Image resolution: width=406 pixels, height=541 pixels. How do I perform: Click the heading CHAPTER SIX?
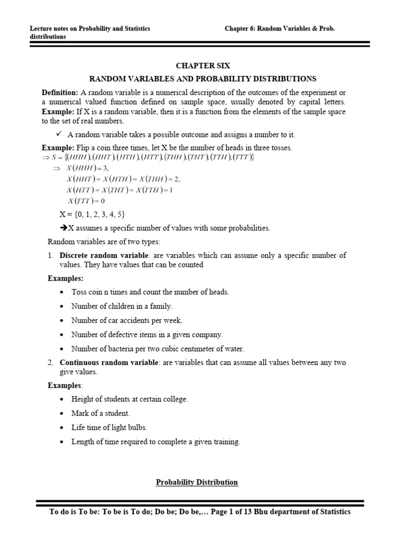(203, 66)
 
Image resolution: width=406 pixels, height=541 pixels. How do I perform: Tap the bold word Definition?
(60, 92)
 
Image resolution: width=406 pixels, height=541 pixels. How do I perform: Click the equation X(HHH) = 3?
(87, 168)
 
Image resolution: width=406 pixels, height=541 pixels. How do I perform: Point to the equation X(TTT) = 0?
(87, 201)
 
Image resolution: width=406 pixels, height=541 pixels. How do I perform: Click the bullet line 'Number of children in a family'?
(122, 306)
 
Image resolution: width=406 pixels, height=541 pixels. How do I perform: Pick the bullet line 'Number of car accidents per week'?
(126, 320)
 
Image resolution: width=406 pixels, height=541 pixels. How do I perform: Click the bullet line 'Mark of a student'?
(100, 414)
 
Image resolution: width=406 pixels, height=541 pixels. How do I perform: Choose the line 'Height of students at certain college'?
(130, 399)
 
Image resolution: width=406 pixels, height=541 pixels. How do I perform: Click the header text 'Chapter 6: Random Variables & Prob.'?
(280, 29)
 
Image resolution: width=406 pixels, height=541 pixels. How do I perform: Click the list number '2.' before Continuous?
(51, 362)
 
